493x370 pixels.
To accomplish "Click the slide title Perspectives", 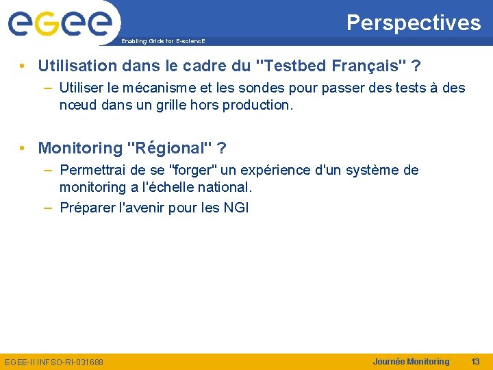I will point(414,23).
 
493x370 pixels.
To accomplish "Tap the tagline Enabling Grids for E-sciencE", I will point(163,42).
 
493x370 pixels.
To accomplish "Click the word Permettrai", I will point(93,170).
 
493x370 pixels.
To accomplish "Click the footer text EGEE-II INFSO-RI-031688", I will point(54,362).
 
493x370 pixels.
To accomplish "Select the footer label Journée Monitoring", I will point(411,361).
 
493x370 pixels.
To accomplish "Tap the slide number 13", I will point(475,361).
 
